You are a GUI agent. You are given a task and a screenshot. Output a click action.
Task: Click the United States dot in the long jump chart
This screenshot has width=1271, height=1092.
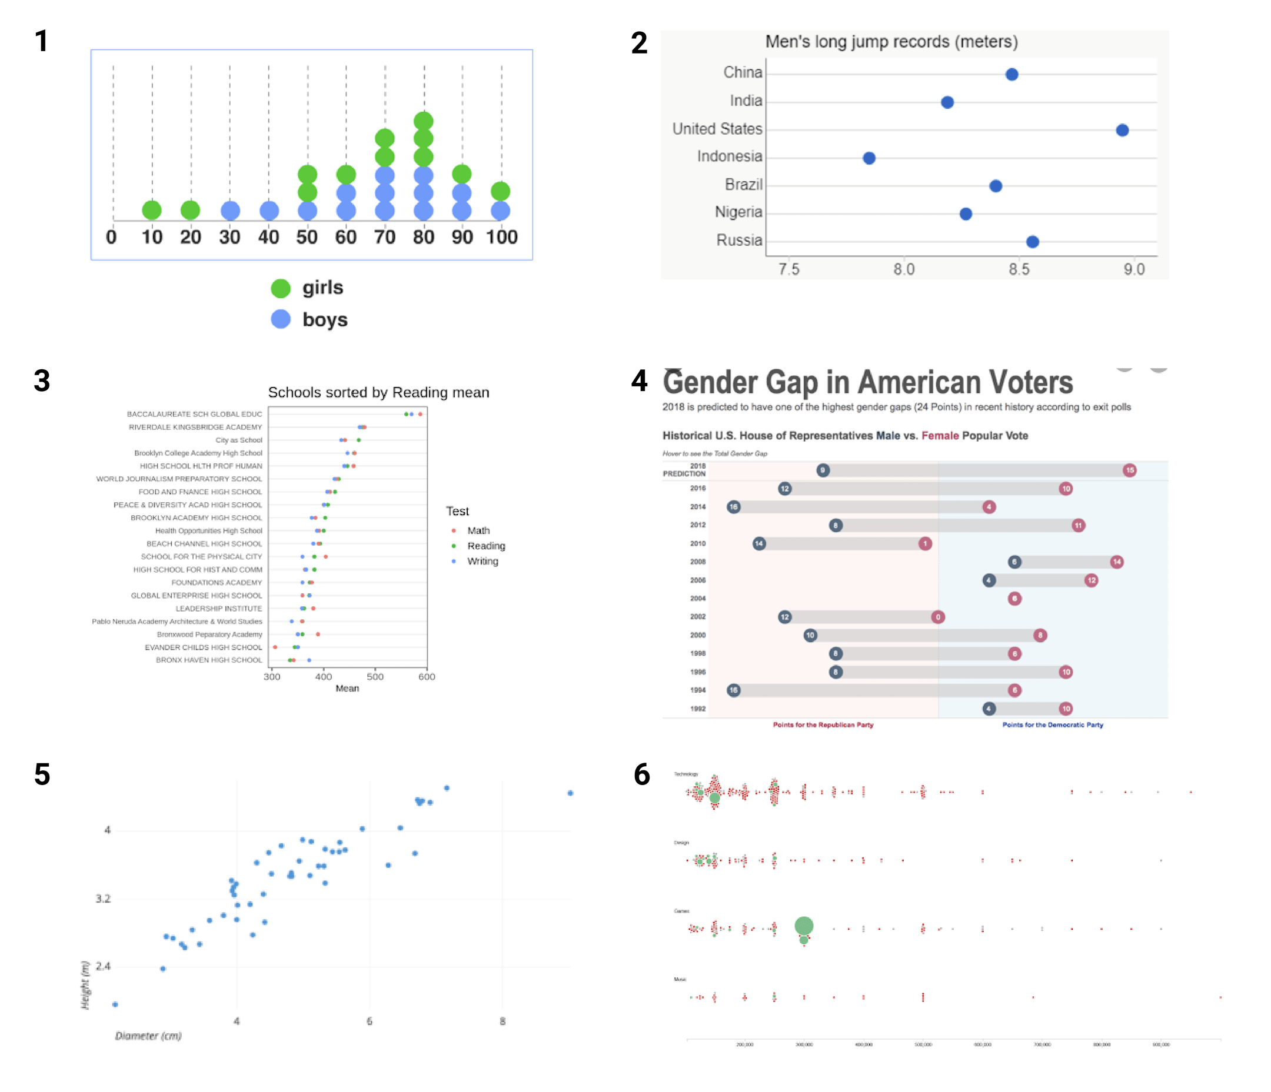[x=1122, y=130]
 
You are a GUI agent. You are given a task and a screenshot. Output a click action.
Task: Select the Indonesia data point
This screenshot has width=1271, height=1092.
[x=869, y=158]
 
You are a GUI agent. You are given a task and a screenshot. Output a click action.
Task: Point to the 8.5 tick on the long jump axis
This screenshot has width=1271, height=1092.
[x=1019, y=269]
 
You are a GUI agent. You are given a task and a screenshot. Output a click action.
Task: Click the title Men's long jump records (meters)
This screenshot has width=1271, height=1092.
[x=891, y=42]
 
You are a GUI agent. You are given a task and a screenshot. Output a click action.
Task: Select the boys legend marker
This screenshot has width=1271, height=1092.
[x=281, y=319]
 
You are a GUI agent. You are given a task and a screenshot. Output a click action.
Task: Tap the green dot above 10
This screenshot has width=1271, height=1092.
[x=151, y=211]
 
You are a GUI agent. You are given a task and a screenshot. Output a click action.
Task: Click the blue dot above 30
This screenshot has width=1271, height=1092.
[x=230, y=211]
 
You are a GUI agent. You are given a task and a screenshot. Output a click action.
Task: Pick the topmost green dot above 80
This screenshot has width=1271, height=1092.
[x=423, y=121]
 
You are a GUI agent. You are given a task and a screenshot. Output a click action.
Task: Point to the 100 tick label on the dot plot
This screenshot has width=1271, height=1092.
[x=501, y=238]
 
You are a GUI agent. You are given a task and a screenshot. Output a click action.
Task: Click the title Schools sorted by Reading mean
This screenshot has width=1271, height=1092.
[x=378, y=392]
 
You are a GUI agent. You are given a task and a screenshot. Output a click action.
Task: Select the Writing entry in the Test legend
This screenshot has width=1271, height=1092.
[x=482, y=561]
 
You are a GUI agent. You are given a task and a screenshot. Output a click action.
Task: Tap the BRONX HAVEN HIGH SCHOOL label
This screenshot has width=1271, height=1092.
[x=208, y=660]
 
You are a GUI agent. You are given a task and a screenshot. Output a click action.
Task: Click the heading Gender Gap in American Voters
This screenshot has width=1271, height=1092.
[x=867, y=383]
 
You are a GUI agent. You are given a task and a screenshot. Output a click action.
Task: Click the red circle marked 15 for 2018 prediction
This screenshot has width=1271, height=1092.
[x=1129, y=470]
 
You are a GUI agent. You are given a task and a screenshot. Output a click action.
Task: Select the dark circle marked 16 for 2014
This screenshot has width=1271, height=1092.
[x=734, y=507]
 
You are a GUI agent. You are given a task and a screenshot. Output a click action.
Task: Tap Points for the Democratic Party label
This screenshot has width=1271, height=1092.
[x=1052, y=724]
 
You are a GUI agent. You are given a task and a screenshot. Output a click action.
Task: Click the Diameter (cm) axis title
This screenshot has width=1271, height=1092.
[x=148, y=1036]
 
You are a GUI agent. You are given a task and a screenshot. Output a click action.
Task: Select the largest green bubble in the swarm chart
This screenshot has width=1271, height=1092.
[x=804, y=926]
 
